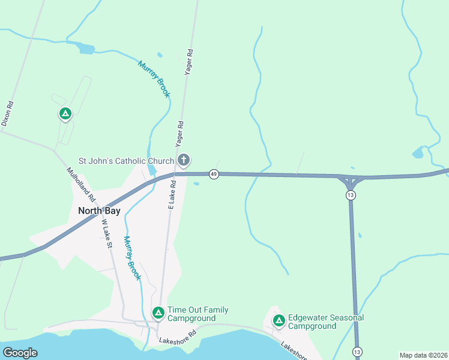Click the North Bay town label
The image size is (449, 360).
tap(99, 211)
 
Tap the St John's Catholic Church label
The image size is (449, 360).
tap(127, 161)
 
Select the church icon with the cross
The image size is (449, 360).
tap(184, 160)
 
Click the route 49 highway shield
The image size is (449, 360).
tap(214, 174)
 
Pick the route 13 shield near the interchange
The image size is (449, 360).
tap(351, 195)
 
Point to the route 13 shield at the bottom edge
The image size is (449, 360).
tap(357, 351)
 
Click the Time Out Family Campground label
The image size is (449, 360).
tap(197, 314)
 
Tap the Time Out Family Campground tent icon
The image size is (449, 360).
tap(158, 313)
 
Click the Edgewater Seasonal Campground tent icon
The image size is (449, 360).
tap(279, 320)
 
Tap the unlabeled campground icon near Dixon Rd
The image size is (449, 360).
tap(65, 113)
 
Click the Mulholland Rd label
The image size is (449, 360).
tap(81, 184)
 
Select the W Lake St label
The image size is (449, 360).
tap(107, 233)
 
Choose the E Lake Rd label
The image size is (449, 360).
tap(171, 194)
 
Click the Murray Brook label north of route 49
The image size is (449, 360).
tap(154, 79)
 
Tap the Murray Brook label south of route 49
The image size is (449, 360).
tap(132, 258)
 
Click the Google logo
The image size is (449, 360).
tap(20, 352)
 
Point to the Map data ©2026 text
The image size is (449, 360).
tap(423, 355)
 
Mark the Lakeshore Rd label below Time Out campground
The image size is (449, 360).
tap(178, 337)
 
